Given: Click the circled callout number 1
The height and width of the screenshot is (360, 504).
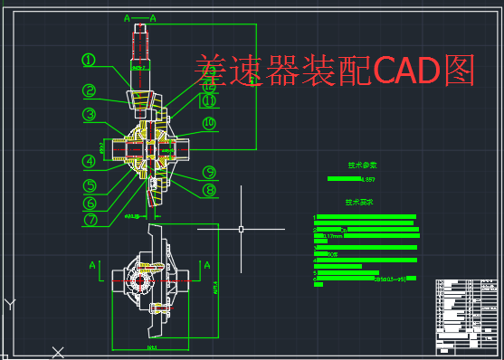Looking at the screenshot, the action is (89, 60).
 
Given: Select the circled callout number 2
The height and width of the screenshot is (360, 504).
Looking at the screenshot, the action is (89, 90).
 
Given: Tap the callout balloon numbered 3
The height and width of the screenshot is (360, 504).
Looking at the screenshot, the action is (89, 114).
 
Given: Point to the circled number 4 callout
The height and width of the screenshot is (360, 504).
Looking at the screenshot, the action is (89, 162).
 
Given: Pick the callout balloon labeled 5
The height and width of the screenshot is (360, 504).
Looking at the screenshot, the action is (90, 185).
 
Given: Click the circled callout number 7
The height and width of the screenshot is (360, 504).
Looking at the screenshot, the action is (90, 219).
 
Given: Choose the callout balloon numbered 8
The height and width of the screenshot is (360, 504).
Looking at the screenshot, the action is (209, 190).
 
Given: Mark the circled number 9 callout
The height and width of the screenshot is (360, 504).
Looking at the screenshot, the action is (209, 172).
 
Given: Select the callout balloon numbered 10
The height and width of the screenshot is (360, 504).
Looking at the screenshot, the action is (209, 123).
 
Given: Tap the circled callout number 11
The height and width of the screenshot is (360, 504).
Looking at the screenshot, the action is (209, 101).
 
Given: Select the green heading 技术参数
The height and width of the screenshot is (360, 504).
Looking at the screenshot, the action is (362, 166).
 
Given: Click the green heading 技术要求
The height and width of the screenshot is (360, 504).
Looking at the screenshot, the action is (359, 203).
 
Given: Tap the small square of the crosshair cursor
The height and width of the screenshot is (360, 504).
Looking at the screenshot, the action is (242, 228).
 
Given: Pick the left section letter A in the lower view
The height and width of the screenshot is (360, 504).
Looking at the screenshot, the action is (92, 265).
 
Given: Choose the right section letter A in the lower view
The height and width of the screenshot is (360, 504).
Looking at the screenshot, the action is (207, 265).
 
